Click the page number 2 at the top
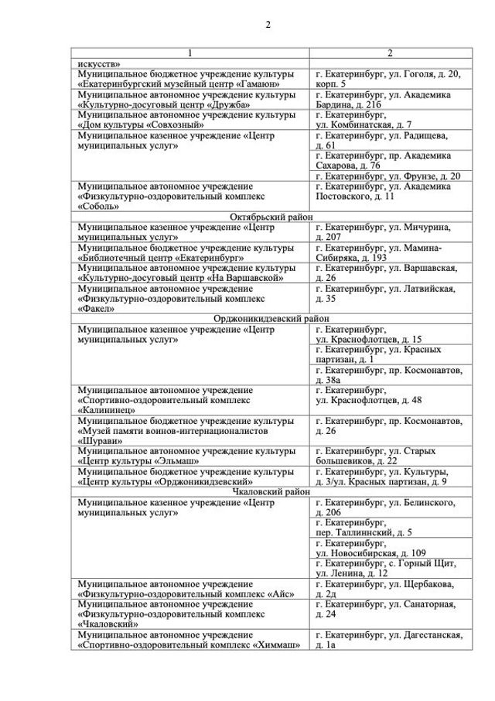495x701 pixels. (268, 24)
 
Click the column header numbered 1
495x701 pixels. (190, 53)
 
